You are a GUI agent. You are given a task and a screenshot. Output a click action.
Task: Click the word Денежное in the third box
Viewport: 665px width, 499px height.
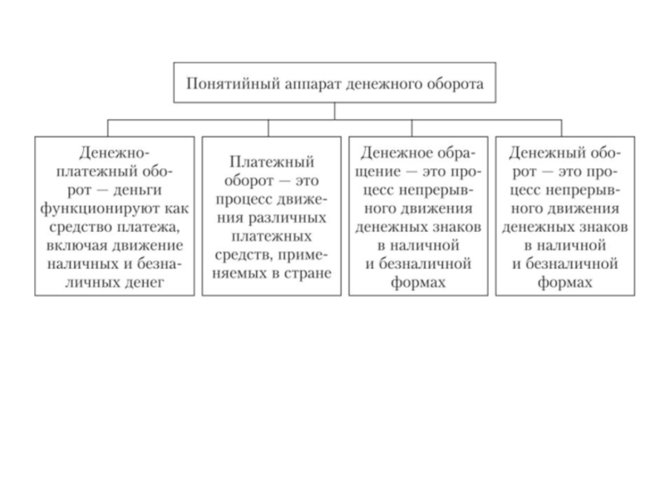point(391,154)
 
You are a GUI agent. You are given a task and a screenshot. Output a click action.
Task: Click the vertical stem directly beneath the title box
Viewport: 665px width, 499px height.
point(335,111)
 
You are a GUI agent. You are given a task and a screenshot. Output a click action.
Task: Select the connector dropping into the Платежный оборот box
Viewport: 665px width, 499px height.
point(268,128)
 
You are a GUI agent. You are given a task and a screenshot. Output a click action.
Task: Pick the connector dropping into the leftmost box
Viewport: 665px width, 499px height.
point(108,128)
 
